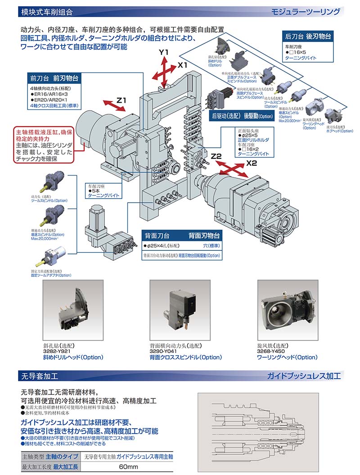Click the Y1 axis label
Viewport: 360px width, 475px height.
(164, 53)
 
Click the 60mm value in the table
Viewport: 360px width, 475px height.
(128, 467)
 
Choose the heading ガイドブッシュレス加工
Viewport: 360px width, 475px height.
(304, 375)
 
